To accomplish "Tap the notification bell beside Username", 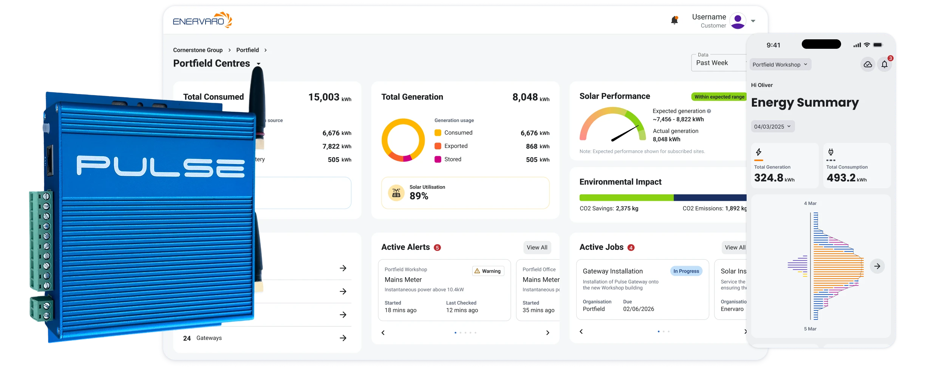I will point(674,20).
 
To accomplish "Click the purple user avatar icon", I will point(738,21).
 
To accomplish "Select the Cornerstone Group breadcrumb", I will point(198,50).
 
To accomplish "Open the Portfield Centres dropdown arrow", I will point(258,64).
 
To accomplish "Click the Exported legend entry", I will point(456,146).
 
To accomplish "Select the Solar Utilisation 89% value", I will point(419,196).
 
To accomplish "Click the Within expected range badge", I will point(719,97).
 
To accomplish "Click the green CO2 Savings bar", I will point(626,198).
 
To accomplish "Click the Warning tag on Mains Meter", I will point(488,271).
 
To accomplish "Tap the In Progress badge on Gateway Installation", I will point(686,271).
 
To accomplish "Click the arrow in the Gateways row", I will point(343,338).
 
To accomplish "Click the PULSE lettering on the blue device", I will point(161,166).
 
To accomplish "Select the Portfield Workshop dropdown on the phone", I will point(780,65).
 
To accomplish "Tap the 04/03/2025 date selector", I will point(772,127).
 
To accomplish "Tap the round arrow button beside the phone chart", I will point(877,266).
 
